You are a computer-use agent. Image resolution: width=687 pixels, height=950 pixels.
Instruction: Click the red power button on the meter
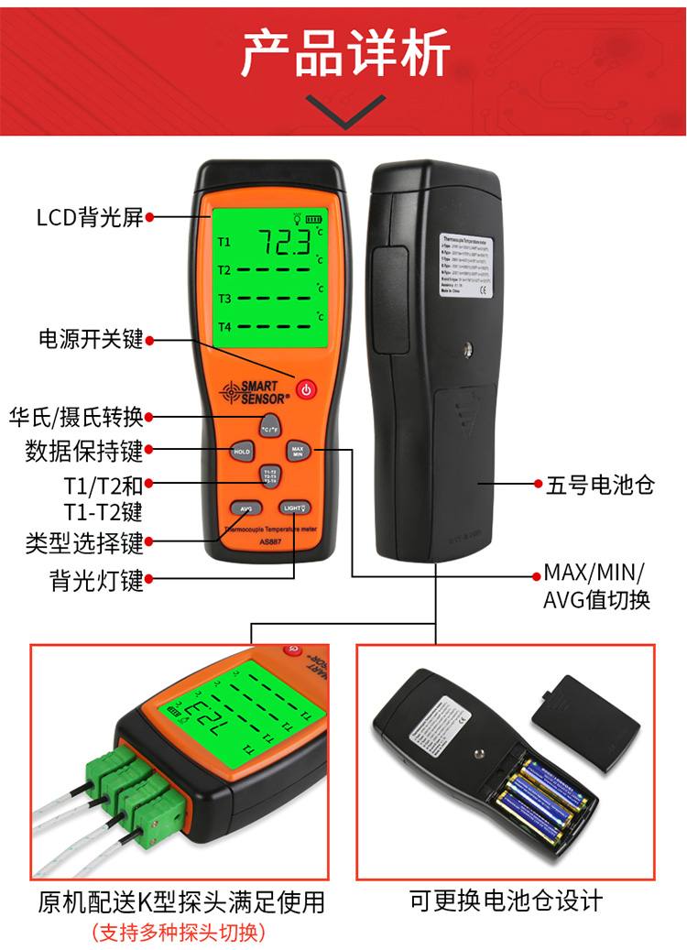click(306, 389)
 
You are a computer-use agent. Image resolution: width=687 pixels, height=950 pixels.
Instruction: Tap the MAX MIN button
click(297, 451)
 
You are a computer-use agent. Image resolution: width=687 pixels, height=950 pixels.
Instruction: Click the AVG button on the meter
click(245, 508)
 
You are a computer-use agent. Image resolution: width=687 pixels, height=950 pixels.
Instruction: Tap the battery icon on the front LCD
click(315, 219)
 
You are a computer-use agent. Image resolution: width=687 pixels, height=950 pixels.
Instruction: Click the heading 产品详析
click(344, 54)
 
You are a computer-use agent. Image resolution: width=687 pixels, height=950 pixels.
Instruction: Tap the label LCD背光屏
click(90, 217)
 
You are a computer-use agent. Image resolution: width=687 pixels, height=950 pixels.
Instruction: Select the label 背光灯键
click(97, 579)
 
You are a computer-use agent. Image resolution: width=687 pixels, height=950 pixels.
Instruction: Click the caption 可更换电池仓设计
click(506, 900)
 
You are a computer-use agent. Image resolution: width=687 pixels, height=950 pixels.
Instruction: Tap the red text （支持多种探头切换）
click(179, 932)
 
